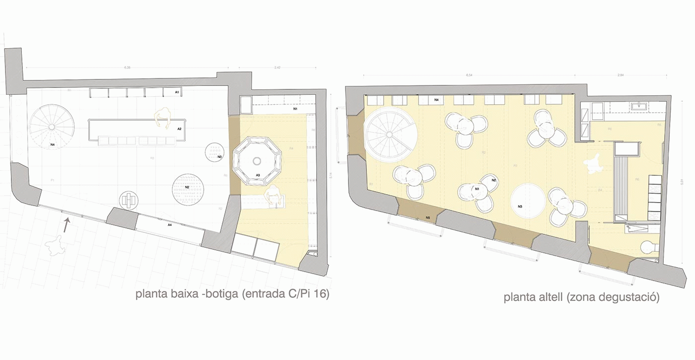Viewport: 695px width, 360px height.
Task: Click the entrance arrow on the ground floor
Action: [66, 226]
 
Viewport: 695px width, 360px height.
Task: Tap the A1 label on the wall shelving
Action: [177, 93]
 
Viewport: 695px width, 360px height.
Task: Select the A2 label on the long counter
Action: [180, 129]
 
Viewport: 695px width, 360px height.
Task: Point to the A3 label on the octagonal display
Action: [258, 175]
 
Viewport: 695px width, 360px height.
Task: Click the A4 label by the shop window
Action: [170, 225]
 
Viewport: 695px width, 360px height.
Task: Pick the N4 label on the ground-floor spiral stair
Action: [52, 145]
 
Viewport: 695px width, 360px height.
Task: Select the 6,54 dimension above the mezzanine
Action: [469, 75]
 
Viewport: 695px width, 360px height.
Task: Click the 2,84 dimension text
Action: [620, 75]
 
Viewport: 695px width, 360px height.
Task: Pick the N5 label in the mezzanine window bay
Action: [428, 217]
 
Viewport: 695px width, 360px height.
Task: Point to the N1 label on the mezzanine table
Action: [477, 189]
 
